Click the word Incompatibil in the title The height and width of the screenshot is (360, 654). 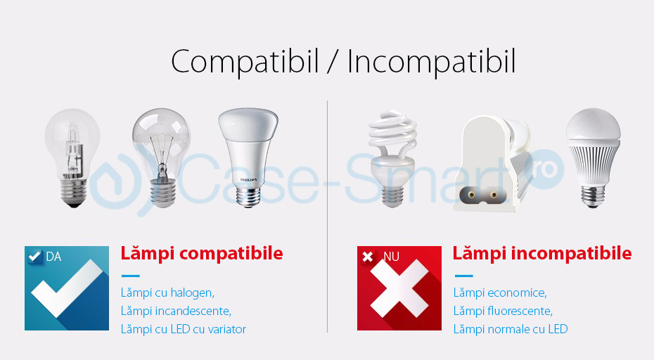coord(431,62)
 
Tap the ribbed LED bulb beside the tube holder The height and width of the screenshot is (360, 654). coord(594,156)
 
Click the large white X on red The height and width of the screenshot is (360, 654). coord(399,290)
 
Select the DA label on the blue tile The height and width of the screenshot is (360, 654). coord(53,257)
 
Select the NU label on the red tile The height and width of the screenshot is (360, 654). coord(391,257)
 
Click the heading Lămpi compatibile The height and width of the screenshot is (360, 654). coord(202,253)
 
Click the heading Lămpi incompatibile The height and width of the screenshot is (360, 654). coord(541,253)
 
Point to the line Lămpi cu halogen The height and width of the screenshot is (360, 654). coord(167,292)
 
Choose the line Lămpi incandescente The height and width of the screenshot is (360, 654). coord(176,311)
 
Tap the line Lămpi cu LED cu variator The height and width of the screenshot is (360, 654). coord(184,329)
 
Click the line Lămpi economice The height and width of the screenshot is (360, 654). coord(500,292)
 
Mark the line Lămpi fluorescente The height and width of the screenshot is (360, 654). coord(503,311)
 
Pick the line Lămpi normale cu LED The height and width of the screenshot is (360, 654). coord(511,329)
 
